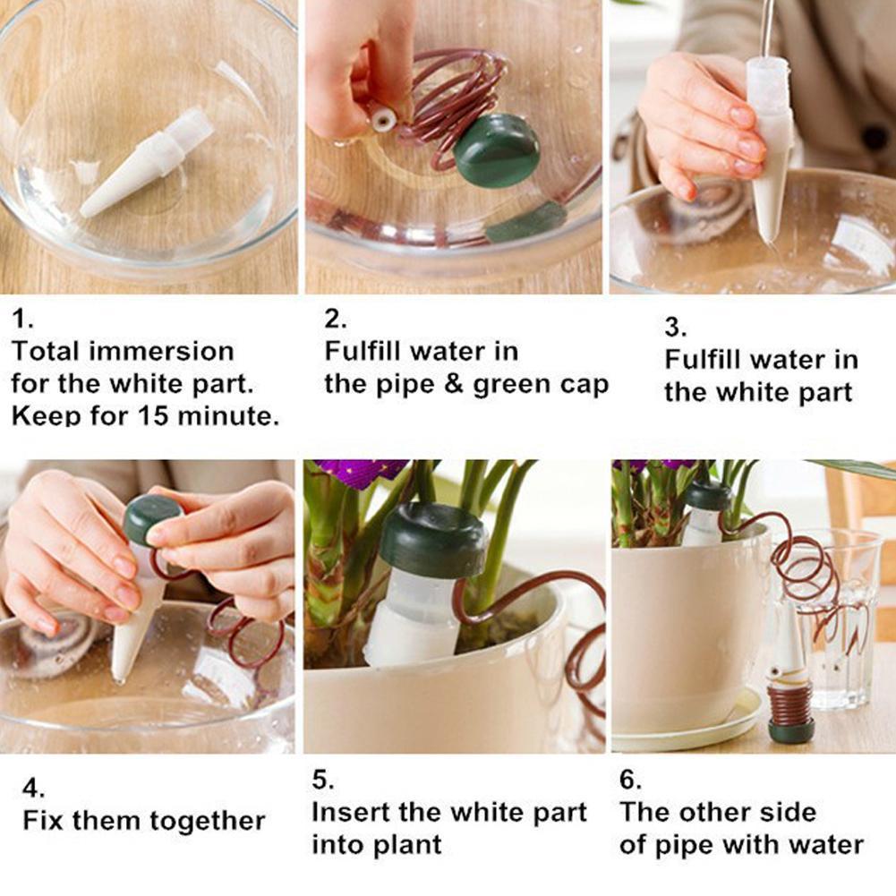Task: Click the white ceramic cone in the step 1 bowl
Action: tap(147, 163)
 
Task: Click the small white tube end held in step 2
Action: tap(381, 119)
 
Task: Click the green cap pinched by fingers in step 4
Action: tap(153, 518)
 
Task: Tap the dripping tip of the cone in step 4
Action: tap(119, 679)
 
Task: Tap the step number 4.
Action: tap(33, 789)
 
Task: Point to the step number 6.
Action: tap(630, 780)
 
